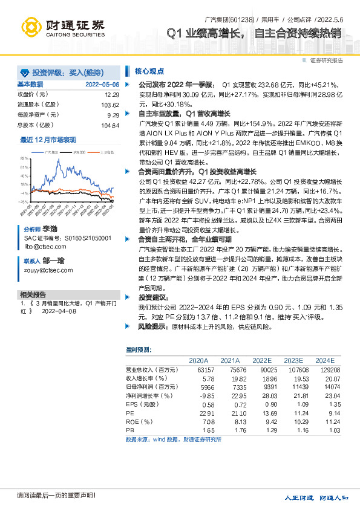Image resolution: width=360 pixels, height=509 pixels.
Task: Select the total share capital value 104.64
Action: [110, 125]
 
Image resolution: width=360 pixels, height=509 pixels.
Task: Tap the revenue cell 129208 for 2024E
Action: [332, 369]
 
